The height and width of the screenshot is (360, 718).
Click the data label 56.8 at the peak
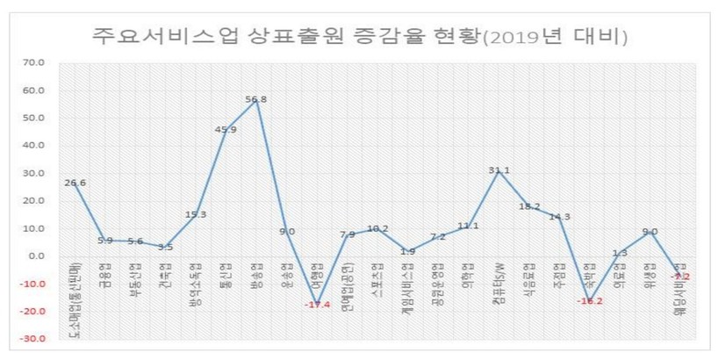(x=256, y=99)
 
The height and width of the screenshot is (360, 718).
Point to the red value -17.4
(x=316, y=304)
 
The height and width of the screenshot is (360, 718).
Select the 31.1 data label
(x=499, y=170)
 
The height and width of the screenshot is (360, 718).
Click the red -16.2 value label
(x=589, y=300)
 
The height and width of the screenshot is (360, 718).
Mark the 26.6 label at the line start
(x=75, y=183)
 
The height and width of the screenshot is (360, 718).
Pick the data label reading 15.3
(x=196, y=214)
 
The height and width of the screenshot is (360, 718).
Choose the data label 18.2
(x=529, y=206)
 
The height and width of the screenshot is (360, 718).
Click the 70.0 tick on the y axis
(x=34, y=63)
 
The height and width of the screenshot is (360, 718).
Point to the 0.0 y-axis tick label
(x=37, y=256)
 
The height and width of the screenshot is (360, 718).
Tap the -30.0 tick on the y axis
(x=33, y=339)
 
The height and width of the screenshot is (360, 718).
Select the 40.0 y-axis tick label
(x=34, y=146)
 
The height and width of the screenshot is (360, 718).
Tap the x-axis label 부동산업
(x=136, y=279)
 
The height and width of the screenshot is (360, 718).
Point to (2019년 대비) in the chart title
(x=555, y=37)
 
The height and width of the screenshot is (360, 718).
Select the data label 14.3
(x=559, y=217)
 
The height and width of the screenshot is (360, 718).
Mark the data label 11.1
(x=469, y=226)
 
